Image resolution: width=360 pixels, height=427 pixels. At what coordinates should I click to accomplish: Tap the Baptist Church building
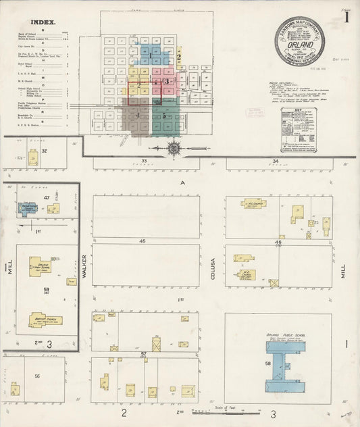click(x=45, y=320)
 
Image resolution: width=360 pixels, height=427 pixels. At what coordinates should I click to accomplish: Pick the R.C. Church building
click(x=253, y=203)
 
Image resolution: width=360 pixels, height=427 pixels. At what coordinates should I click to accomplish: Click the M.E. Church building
click(x=246, y=275)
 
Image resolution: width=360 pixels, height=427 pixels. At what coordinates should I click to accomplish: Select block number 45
click(x=143, y=241)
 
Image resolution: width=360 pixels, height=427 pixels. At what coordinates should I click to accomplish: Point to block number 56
click(x=37, y=376)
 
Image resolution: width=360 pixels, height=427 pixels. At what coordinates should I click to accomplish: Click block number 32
click(x=45, y=151)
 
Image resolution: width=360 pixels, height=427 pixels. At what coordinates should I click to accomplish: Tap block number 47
click(x=47, y=197)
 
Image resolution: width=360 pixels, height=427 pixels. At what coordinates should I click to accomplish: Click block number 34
click(x=275, y=161)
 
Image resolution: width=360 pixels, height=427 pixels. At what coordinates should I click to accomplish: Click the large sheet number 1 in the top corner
click(x=347, y=16)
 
